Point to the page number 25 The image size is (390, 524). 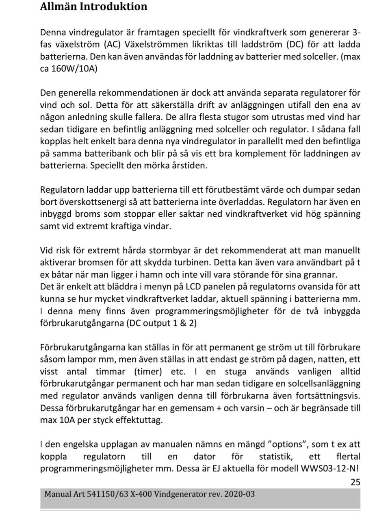pyautogui.click(x=355, y=482)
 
